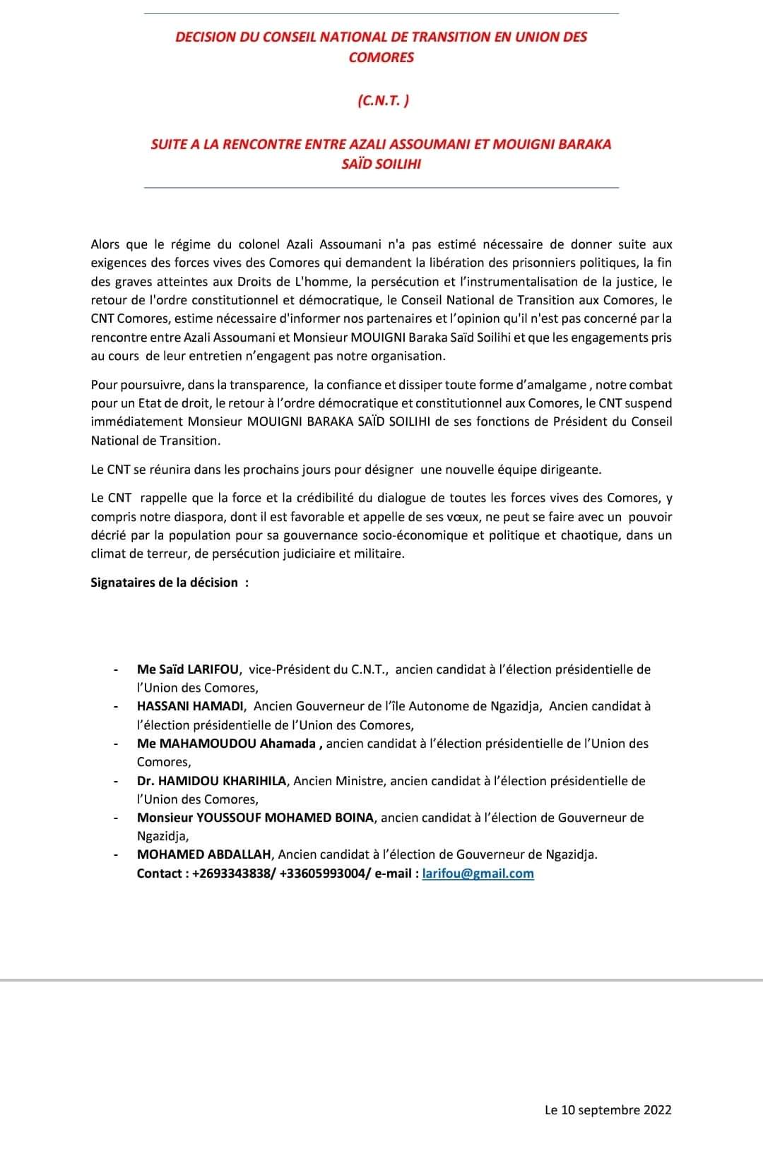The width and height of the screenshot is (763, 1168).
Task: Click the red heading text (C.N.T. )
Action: point(381,101)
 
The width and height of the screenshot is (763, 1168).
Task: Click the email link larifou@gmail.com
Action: point(478,874)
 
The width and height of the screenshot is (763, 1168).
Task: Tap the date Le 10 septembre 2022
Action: point(608,1110)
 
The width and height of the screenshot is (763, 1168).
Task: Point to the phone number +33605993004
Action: point(324,874)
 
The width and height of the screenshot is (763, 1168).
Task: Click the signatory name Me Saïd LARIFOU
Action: point(188,669)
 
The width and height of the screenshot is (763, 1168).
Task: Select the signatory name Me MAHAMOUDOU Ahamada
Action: point(229,744)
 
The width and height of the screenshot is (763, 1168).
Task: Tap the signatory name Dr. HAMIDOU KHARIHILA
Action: point(211,781)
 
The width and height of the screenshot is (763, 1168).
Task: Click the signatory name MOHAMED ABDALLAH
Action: point(204,854)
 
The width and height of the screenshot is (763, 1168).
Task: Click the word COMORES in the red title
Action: point(381,57)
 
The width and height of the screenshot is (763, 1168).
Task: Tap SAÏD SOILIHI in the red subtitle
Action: point(381,165)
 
